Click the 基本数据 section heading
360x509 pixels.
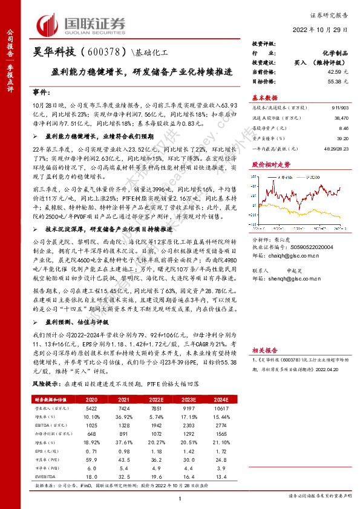pos(264,97)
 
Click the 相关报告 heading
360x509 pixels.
pos(264,349)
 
